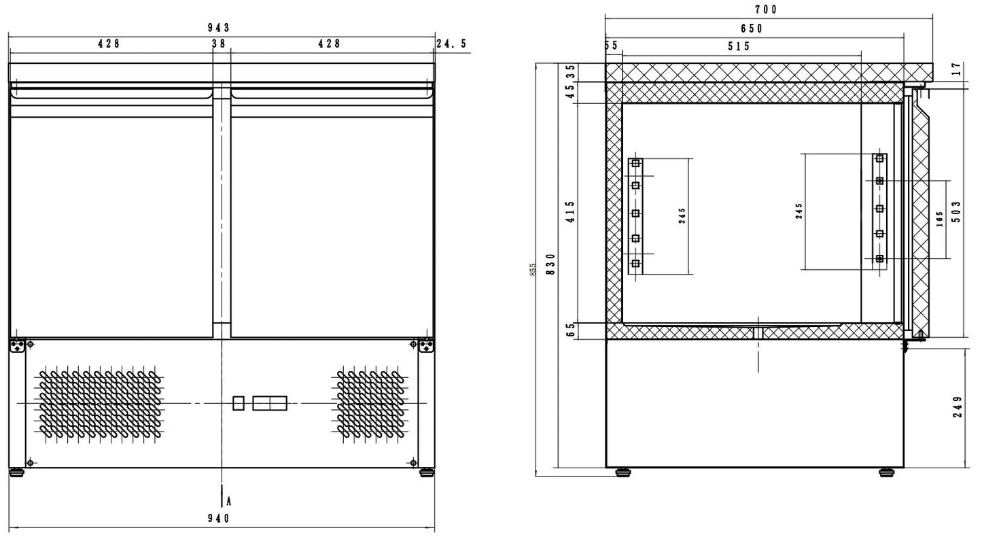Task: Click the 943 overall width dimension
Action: pos(218,28)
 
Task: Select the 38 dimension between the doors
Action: pos(218,44)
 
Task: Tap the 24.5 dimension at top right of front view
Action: pos(451,44)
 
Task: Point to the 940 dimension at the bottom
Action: pos(218,518)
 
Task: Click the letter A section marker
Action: pos(229,501)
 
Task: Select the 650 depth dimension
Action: pos(752,29)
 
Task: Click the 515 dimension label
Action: pos(738,46)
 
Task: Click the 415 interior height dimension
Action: pos(570,212)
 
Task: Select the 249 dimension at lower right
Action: pos(958,406)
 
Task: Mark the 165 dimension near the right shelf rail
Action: pos(940,220)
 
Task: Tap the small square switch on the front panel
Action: pos(238,403)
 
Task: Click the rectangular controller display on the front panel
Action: pos(270,403)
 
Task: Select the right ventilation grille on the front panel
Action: pos(372,404)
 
